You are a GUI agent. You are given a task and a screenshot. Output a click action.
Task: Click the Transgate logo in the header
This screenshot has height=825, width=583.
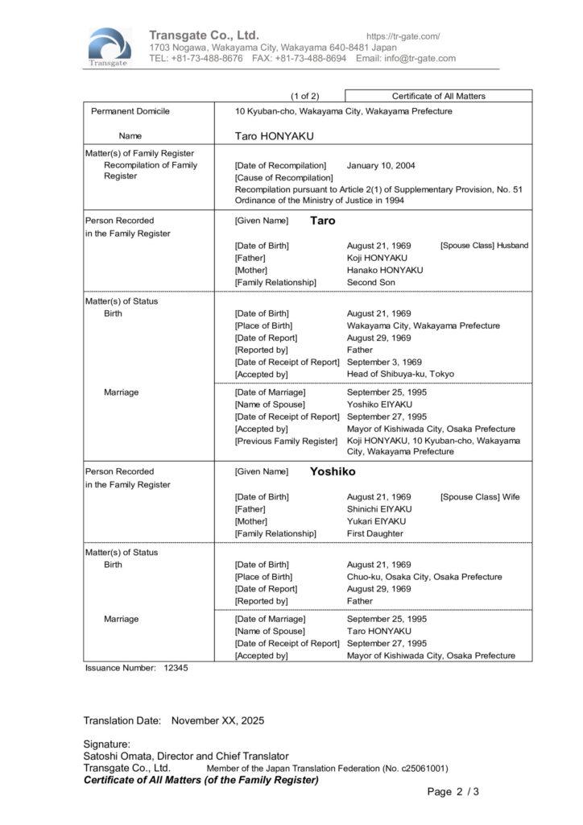coord(110,47)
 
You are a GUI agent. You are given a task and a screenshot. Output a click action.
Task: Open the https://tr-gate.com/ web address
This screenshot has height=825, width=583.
coord(403,36)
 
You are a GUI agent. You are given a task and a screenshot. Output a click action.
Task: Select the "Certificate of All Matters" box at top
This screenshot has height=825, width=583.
coord(438,96)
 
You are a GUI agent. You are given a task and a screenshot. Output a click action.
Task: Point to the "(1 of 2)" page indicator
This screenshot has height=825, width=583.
coord(304,96)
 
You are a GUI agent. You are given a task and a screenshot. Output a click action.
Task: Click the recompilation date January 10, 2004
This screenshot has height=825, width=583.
coord(381,165)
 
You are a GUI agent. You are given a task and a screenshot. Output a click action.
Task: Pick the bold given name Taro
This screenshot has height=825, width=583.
coord(323,220)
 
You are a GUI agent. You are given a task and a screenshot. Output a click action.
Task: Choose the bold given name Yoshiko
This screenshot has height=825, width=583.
coord(333,471)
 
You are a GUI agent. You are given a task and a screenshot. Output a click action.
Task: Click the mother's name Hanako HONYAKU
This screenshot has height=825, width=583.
coord(384,270)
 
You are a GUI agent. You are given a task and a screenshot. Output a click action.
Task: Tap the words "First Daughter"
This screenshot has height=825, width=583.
coord(375,533)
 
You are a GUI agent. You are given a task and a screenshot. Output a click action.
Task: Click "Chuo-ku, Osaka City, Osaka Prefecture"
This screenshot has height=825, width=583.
coord(424,577)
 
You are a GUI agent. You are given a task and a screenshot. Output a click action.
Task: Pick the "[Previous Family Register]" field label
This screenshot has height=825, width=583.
coord(286,441)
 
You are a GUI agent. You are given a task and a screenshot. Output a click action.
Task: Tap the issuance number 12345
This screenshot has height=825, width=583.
coord(176,668)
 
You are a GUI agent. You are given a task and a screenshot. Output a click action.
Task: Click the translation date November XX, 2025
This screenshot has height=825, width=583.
coord(217,720)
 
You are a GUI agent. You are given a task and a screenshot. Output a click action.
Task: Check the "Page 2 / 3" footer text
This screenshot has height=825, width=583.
coord(453,792)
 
